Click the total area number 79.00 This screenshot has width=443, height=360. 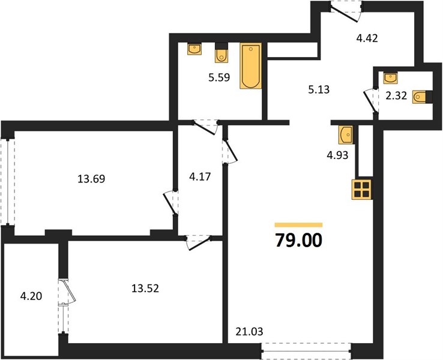pyautogui.click(x=298, y=240)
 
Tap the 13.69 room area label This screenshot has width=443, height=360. pyautogui.click(x=91, y=179)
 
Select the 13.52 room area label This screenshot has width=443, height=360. pyautogui.click(x=145, y=288)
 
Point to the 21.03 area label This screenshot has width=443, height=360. pyautogui.click(x=249, y=331)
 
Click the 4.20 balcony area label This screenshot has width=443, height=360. pyautogui.click(x=31, y=296)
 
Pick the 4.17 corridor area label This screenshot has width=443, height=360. pyautogui.click(x=200, y=177)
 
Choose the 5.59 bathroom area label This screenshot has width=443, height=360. pyautogui.click(x=219, y=77)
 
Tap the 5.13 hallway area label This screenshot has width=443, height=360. pyautogui.click(x=319, y=89)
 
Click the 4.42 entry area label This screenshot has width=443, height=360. pyautogui.click(x=367, y=38)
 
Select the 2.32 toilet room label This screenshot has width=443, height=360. pyautogui.click(x=396, y=96)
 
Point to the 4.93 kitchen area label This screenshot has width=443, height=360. pyautogui.click(x=337, y=155)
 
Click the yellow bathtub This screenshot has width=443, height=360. pyautogui.click(x=250, y=66)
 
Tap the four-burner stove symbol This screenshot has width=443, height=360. pyautogui.click(x=361, y=190)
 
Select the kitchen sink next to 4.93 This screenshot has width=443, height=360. pyautogui.click(x=346, y=134)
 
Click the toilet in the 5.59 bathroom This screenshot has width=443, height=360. pyautogui.click(x=221, y=53)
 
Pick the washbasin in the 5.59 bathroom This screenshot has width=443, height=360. pyautogui.click(x=194, y=49)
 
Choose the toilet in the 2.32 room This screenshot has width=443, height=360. pyautogui.click(x=422, y=97)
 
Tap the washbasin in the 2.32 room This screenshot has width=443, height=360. pyautogui.click(x=390, y=78)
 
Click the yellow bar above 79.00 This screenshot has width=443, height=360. pyautogui.click(x=298, y=225)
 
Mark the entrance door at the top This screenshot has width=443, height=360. pyautogui.click(x=346, y=12)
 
